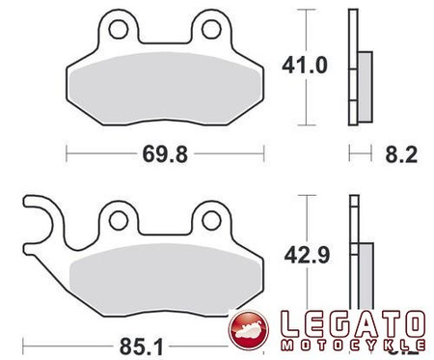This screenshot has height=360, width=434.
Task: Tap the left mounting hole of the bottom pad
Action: [118, 220]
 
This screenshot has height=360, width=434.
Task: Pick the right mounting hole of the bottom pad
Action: [208, 220]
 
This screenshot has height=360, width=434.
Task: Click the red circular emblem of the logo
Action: [249, 331]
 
